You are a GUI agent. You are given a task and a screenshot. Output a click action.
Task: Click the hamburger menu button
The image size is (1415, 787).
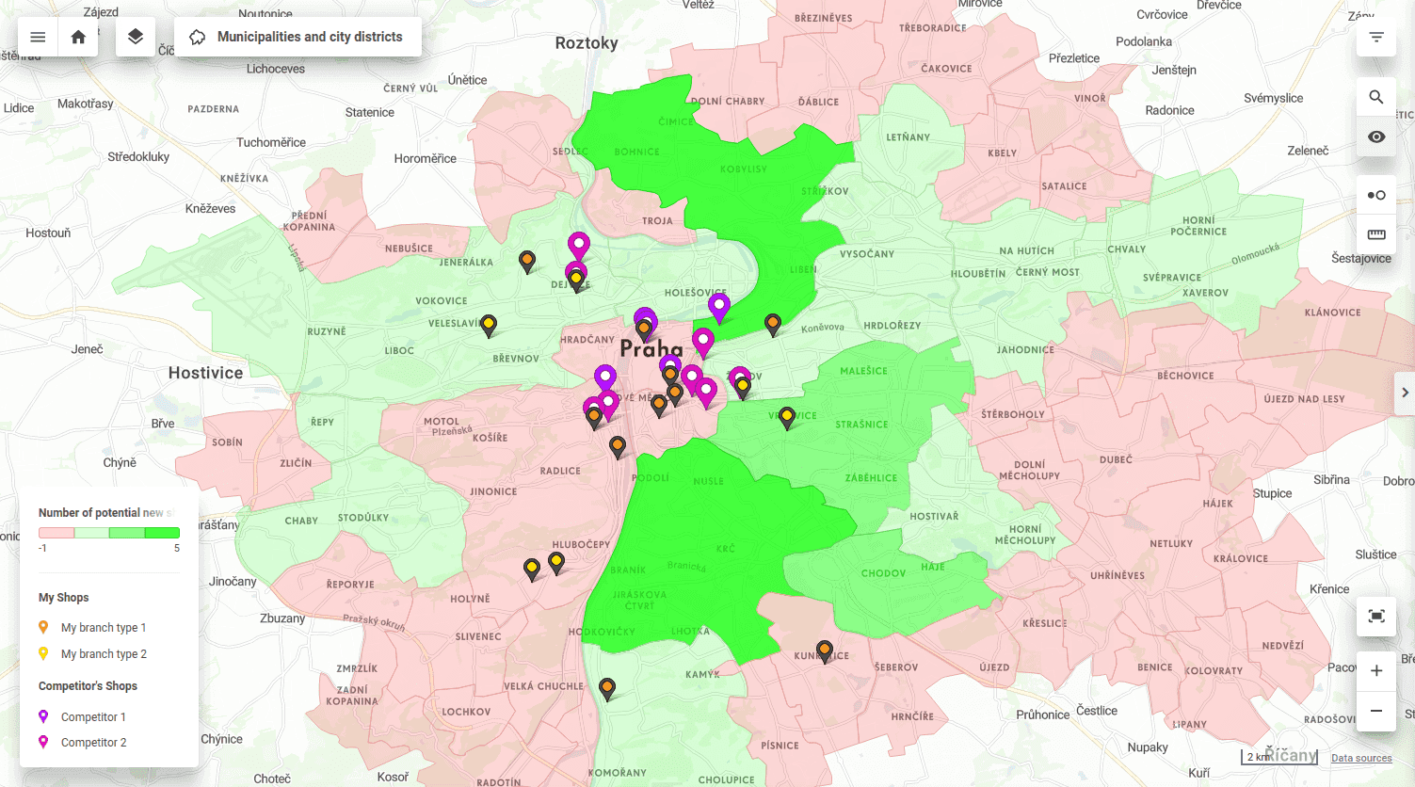[38, 37]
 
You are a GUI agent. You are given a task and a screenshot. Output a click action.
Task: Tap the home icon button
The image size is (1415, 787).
[78, 37]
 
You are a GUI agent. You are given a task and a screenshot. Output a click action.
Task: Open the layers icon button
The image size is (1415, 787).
[136, 37]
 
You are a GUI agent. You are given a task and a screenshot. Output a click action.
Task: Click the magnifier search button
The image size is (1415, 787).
[1376, 97]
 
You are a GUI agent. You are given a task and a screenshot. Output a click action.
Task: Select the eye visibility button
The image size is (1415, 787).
[1376, 137]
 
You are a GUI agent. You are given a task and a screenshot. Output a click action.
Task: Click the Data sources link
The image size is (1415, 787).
[1361, 758]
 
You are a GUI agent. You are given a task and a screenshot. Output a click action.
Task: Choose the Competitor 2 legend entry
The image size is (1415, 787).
[93, 743]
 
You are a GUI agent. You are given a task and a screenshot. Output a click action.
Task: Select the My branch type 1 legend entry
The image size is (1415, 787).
[103, 628]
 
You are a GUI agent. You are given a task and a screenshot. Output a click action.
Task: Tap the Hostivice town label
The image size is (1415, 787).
[205, 373]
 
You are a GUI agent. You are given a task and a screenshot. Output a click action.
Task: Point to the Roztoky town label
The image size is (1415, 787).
[587, 43]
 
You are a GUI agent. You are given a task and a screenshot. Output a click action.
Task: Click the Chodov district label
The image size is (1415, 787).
[883, 573]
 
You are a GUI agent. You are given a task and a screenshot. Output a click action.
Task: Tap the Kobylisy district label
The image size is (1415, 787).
[744, 169]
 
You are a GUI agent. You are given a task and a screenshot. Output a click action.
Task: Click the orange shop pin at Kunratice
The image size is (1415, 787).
[825, 650]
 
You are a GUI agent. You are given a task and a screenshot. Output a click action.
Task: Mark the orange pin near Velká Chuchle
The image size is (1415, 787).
[607, 688]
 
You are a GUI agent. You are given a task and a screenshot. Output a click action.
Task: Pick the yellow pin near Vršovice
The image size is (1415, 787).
[787, 417]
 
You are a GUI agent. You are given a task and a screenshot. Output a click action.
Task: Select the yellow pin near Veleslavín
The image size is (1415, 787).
[489, 325]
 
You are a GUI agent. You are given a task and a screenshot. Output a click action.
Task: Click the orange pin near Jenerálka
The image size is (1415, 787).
[527, 260]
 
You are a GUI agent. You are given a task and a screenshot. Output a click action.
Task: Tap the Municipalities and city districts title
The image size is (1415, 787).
[310, 37]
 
